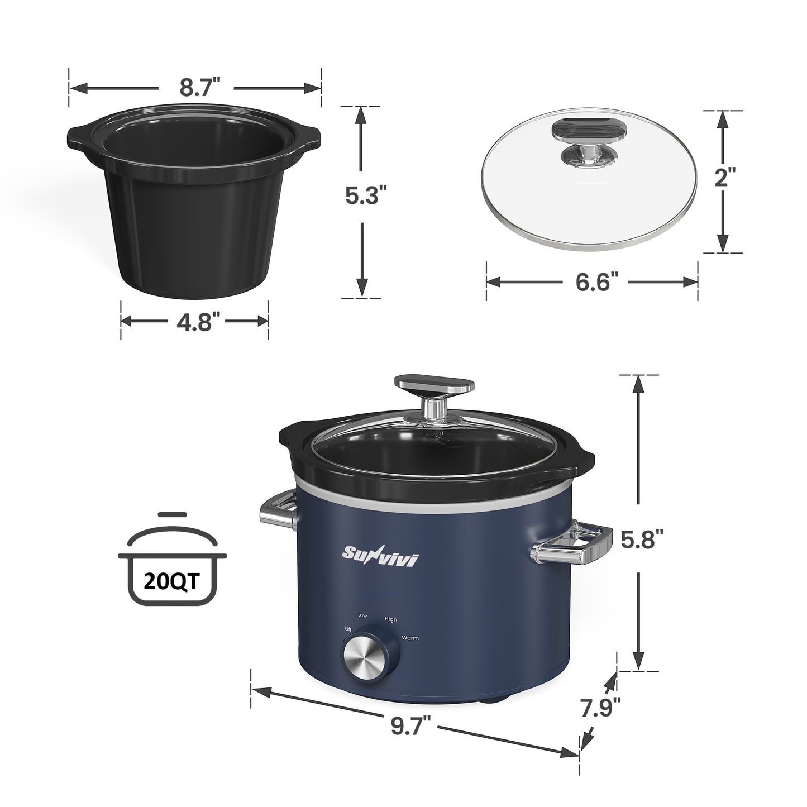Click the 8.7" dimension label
click(195, 88)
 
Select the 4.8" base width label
click(195, 321)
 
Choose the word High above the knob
click(390, 619)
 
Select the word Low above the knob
click(362, 615)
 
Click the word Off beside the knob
click(348, 629)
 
